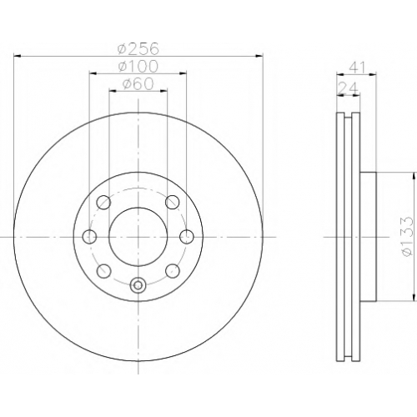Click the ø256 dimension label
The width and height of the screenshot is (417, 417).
pyautogui.click(x=138, y=48)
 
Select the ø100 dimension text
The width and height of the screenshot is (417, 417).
pyautogui.click(x=138, y=66)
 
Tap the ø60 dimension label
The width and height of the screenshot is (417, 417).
pyautogui.click(x=138, y=83)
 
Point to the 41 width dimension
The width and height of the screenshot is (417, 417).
pyautogui.click(x=357, y=67)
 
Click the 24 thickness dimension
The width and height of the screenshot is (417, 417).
pyautogui.click(x=348, y=88)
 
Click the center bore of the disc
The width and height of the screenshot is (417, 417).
pyautogui.click(x=138, y=237)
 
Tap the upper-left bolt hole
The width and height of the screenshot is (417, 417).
pyautogui.click(x=103, y=202)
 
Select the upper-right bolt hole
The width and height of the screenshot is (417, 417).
pyautogui.click(x=173, y=202)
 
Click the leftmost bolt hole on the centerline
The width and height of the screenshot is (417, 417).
pyautogui.click(x=89, y=237)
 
